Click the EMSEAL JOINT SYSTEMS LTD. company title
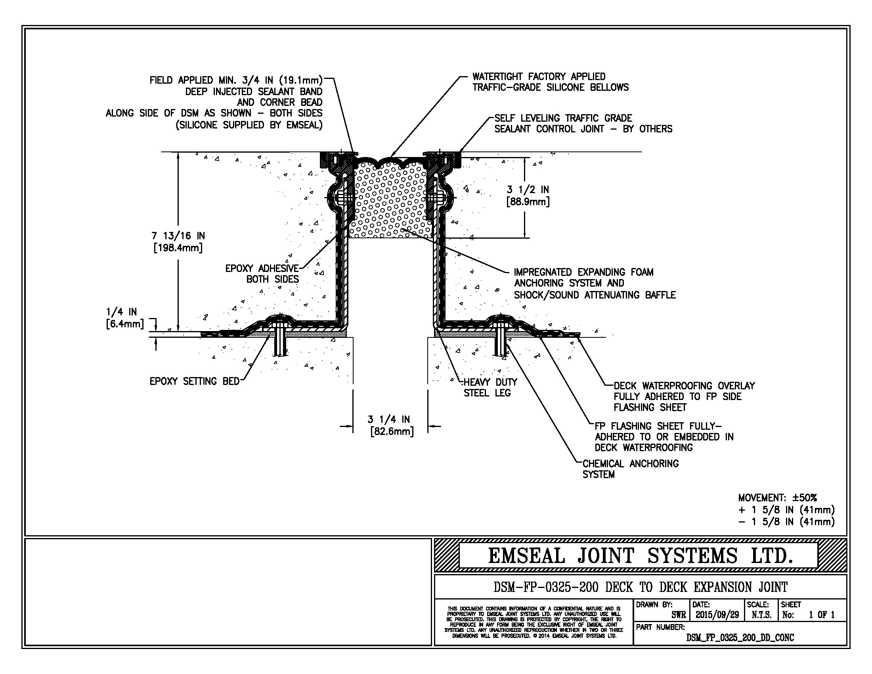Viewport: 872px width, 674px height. (640, 556)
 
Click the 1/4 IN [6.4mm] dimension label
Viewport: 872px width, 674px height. (124, 318)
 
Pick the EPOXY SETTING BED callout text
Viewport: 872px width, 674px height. (195, 381)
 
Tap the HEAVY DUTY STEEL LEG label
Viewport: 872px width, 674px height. (490, 388)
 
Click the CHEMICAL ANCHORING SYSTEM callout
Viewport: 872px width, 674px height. (631, 469)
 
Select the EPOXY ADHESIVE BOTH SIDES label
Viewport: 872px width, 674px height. (262, 274)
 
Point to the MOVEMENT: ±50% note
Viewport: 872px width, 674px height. (777, 498)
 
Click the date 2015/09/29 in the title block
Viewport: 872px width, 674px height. (717, 615)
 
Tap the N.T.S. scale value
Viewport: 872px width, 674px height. (761, 615)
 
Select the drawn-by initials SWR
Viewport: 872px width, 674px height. (678, 615)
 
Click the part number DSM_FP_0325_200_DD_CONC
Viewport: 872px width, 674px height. (740, 638)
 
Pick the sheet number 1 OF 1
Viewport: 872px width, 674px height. (822, 615)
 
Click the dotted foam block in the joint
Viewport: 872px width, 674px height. (391, 200)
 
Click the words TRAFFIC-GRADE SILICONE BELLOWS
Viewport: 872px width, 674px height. (551, 88)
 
